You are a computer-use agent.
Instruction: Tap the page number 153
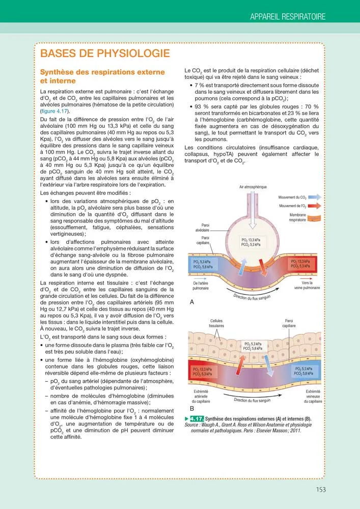pos(320,490)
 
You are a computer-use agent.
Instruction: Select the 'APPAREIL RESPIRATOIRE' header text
pos(288,17)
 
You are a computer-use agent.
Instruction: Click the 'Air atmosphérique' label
pos(253,187)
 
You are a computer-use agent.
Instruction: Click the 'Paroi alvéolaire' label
pos(202,228)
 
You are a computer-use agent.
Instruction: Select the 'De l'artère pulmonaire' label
pos(201,286)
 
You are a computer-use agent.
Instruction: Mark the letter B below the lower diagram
pos(192,408)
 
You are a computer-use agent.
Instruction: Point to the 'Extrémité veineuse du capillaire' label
pos(313,396)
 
